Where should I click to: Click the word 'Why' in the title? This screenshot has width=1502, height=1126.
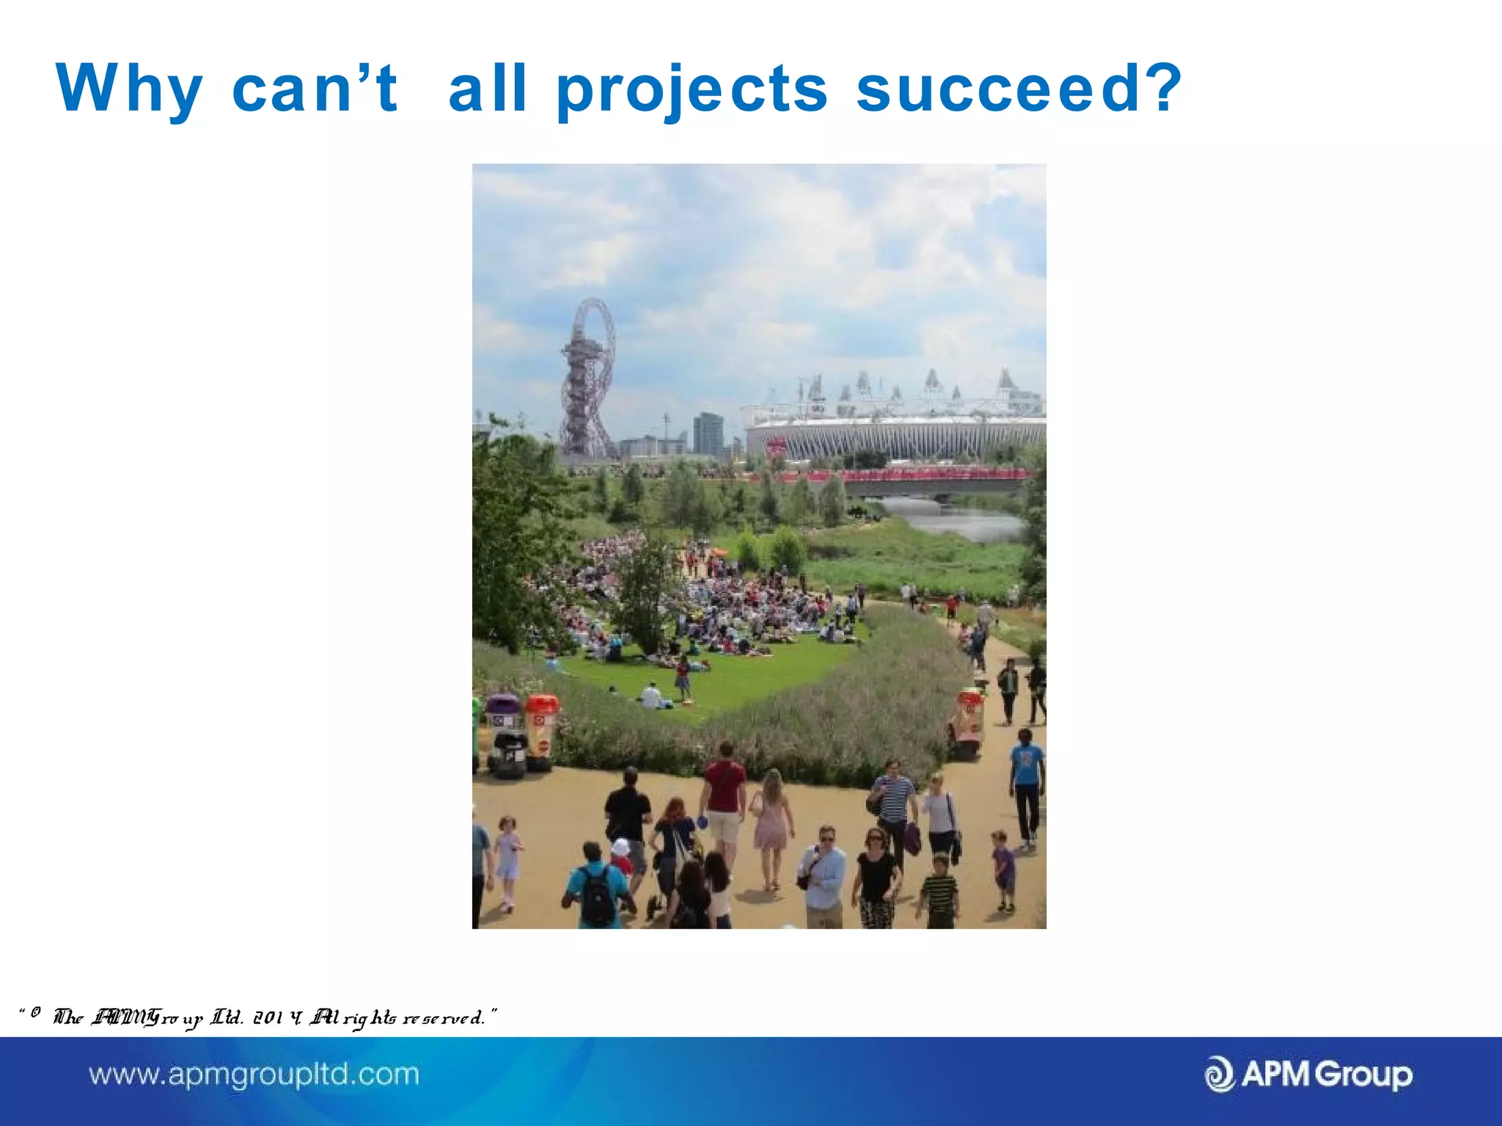coord(129,89)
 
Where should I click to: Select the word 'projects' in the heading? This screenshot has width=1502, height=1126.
coord(692,89)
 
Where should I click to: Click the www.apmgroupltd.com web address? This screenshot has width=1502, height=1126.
coord(254,1075)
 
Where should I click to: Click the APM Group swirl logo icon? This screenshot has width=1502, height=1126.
coord(1220,1075)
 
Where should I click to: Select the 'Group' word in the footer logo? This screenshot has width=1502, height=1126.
coord(1363,1075)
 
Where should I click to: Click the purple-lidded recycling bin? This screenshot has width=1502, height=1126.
coord(504,733)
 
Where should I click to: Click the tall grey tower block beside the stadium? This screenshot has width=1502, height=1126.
coord(708,434)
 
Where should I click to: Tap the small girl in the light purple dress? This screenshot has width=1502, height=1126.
coord(508,861)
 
